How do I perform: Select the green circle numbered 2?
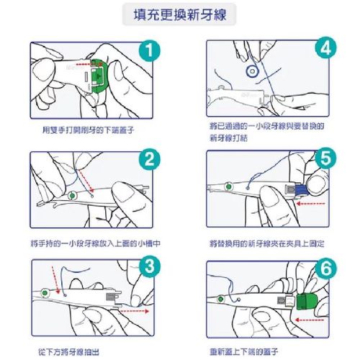[148, 162]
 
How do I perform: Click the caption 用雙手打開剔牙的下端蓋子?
[90, 130]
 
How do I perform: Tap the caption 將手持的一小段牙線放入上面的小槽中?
[90, 243]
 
